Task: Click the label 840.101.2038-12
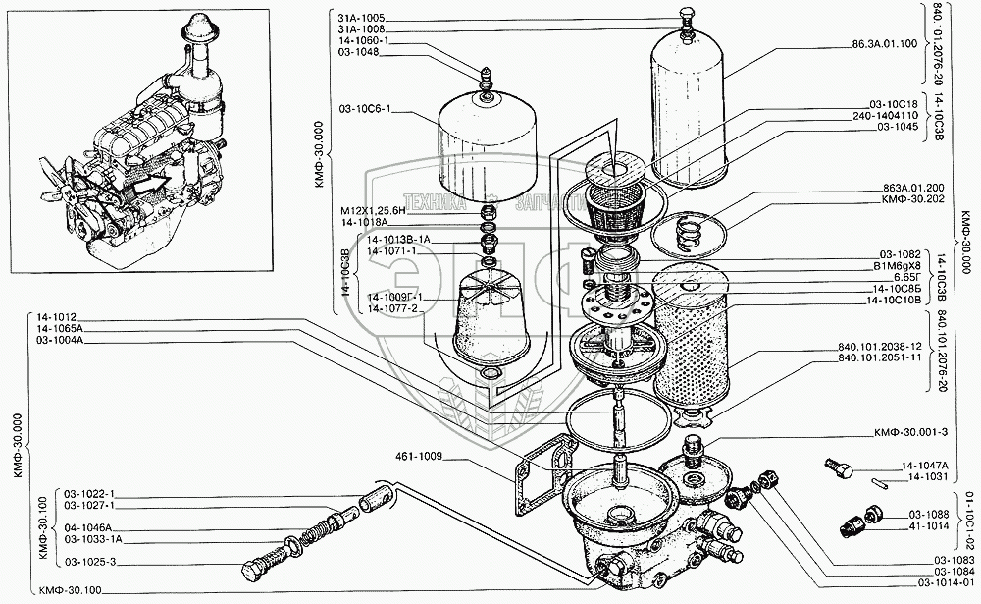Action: coord(881,348)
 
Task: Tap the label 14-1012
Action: coord(58,317)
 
